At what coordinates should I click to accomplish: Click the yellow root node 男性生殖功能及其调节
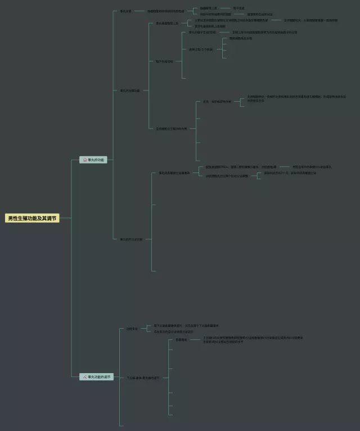(32, 218)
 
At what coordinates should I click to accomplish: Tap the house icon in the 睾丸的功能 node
(85, 160)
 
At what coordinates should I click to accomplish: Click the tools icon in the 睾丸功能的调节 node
(85, 376)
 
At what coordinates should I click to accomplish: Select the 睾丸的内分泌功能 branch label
(131, 239)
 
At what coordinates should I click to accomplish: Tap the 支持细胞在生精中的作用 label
(171, 129)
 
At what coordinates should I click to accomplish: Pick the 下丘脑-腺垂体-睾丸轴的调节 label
(143, 378)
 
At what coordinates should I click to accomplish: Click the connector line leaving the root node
(65, 218)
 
